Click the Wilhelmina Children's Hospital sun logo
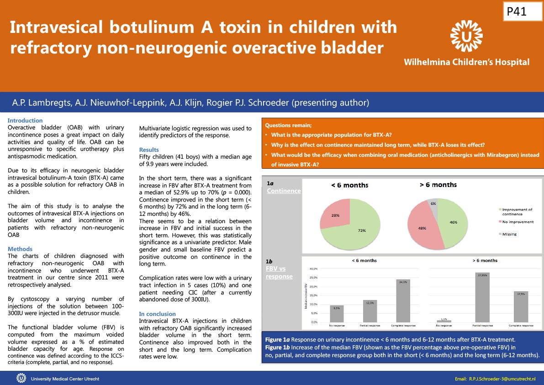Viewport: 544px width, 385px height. tap(466, 36)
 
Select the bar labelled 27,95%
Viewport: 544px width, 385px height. tap(482, 297)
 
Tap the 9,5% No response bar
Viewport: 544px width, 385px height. tap(337, 313)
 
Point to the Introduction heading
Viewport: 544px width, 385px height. tap(25, 121)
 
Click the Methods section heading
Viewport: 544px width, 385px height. tap(20, 249)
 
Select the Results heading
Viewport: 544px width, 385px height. tap(149, 150)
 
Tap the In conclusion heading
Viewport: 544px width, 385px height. tap(157, 314)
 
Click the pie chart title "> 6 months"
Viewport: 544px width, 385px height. tap(438, 185)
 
